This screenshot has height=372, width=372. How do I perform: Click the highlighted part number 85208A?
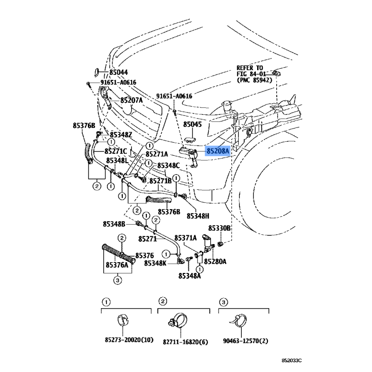218,151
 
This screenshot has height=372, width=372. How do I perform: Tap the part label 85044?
119,73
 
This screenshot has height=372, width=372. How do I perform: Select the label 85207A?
132,100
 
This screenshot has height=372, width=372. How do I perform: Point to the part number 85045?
193,124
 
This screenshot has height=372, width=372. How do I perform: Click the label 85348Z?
121,135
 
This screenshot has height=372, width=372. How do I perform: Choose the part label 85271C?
116,151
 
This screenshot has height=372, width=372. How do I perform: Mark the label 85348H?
198,216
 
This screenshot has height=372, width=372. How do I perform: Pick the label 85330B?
219,228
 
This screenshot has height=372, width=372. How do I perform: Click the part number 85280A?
215,261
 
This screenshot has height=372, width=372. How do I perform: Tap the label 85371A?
186,238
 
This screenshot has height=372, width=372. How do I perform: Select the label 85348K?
155,263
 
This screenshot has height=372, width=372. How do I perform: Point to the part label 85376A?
117,265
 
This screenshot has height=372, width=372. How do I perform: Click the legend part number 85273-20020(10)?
129,340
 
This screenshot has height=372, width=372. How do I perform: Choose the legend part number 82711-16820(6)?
185,342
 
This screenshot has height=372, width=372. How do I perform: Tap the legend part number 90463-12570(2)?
246,341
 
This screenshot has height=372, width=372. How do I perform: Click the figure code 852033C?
292,361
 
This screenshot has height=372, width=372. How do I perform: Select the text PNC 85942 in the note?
254,80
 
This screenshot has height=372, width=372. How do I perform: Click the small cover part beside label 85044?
97,73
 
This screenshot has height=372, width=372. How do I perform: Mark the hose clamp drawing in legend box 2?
178,321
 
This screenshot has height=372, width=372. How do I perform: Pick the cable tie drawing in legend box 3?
239,321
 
